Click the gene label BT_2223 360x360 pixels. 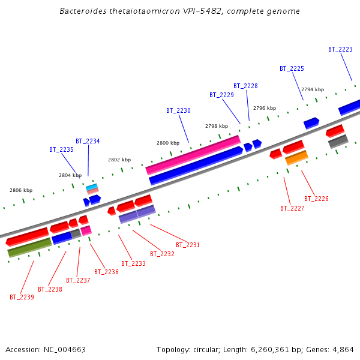coord(340,50)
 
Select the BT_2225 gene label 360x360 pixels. coord(292,69)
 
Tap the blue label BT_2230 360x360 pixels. coord(178,111)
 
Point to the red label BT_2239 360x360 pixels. coord(22,297)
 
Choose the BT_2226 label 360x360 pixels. coord(316,199)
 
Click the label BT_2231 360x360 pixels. coord(188,245)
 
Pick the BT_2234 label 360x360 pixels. coord(88,142)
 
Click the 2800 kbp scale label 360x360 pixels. coord(167,143)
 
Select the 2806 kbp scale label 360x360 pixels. coord(21,190)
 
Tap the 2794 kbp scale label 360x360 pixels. coord(312,89)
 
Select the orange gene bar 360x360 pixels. coord(296,158)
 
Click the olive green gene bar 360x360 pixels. coord(29,248)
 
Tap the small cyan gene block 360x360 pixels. coord(91,187)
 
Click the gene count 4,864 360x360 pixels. coord(342,349)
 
